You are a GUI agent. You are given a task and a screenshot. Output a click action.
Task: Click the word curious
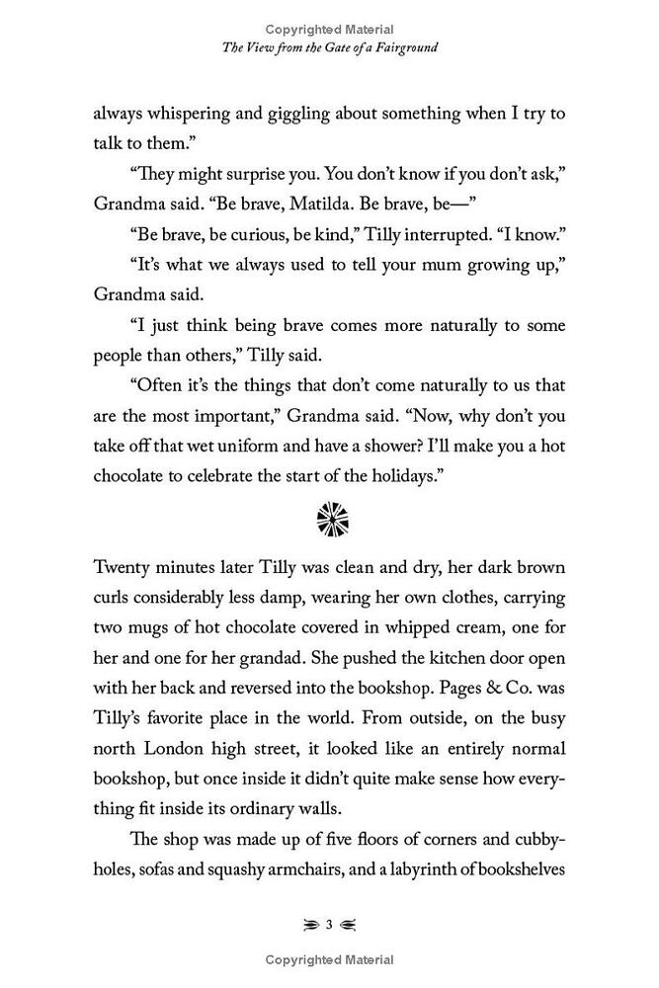(279, 242)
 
